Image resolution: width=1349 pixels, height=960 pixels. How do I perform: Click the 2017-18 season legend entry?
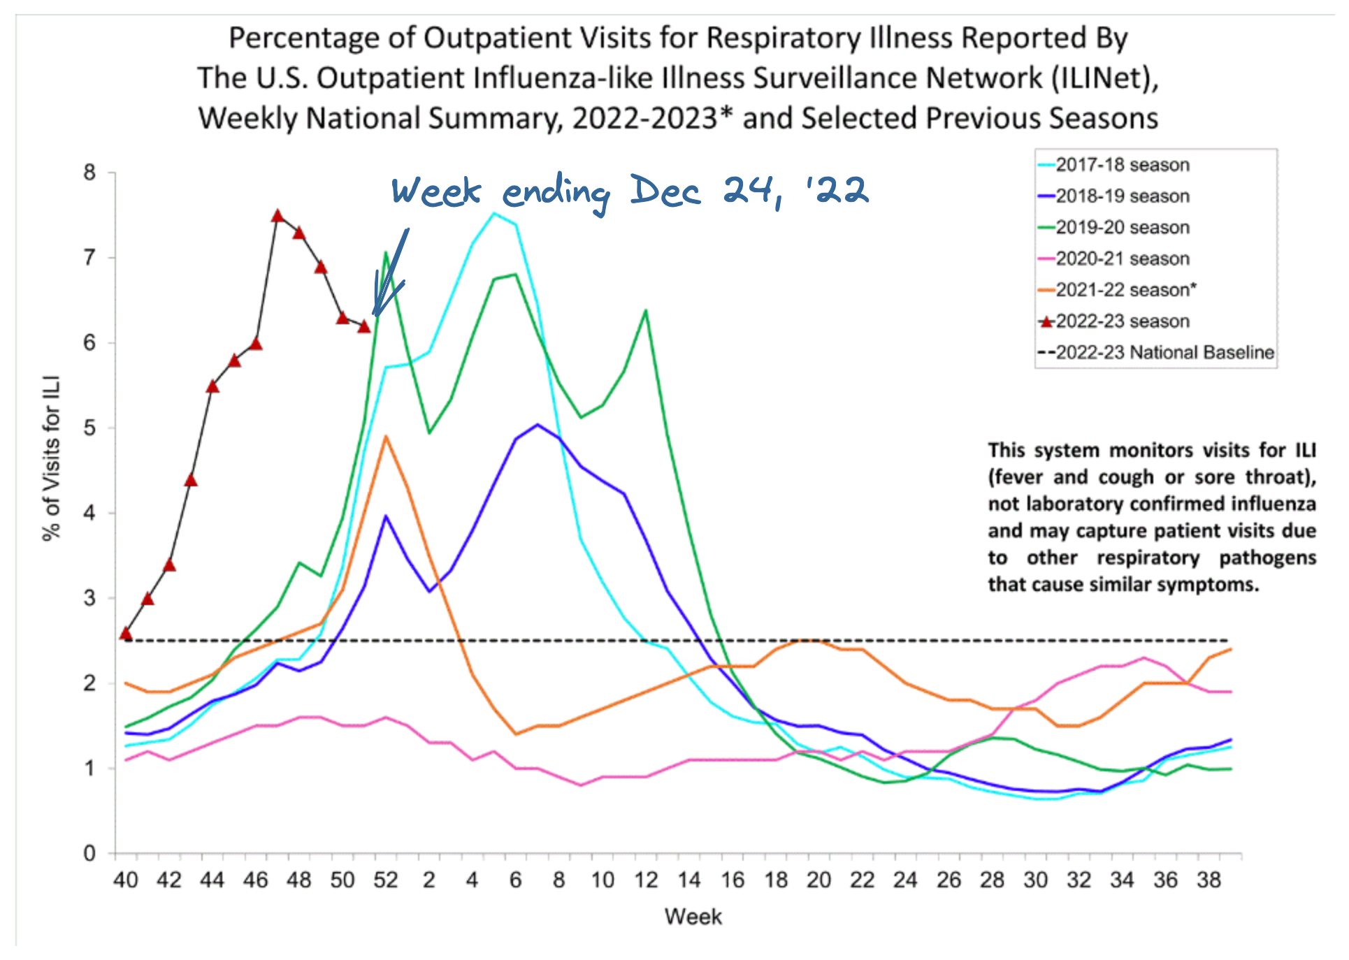(x=1121, y=165)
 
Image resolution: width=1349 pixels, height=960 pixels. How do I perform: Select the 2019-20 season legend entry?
(x=1121, y=227)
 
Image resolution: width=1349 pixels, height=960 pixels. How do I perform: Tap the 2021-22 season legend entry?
(x=1125, y=289)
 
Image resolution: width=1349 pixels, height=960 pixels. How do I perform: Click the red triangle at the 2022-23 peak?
(x=277, y=216)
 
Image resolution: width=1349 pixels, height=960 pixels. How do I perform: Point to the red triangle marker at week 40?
(x=126, y=633)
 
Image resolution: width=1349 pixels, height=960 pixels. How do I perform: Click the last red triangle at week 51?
(x=364, y=326)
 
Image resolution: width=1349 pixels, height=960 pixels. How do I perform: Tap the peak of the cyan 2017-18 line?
(x=494, y=213)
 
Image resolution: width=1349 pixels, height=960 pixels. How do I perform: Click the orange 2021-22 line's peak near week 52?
(x=386, y=437)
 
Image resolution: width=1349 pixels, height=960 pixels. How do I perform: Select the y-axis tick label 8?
(x=89, y=173)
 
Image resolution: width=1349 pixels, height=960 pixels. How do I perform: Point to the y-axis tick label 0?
(x=89, y=853)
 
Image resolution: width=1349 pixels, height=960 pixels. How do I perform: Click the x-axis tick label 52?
(x=385, y=880)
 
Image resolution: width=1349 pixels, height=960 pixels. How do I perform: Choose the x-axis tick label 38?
(x=1209, y=880)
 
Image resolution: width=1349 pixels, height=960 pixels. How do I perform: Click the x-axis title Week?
(x=693, y=917)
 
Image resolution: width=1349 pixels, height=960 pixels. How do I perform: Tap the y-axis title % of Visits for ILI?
(x=52, y=458)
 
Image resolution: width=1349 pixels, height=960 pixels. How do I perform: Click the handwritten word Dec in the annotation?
(x=664, y=190)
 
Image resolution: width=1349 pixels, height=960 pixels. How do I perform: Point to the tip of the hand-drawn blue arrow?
(x=375, y=315)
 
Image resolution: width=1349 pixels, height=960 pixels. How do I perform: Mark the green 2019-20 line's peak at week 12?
(x=646, y=310)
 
